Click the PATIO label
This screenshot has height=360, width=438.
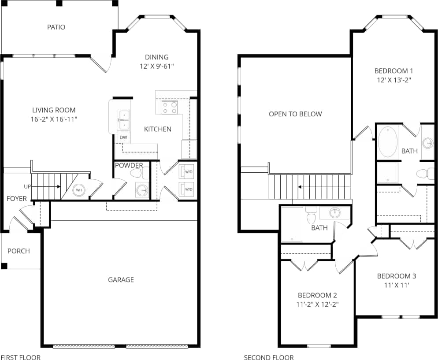(56, 27)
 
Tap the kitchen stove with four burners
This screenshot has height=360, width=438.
(169, 108)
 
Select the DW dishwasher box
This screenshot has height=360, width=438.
(123, 137)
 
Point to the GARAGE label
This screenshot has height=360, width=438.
(121, 280)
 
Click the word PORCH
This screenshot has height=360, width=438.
(19, 251)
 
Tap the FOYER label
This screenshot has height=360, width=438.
(17, 199)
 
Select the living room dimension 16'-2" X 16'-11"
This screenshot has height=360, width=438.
(54, 119)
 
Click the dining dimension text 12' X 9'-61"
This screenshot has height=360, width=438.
(157, 66)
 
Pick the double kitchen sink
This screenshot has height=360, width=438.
(123, 120)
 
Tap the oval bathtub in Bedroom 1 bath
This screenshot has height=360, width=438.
(388, 141)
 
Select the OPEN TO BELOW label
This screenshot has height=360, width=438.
(295, 114)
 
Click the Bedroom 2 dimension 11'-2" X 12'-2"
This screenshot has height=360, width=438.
(317, 304)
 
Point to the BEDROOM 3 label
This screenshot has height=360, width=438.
(396, 276)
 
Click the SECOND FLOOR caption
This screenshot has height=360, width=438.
(268, 357)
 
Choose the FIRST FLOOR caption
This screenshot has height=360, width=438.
(20, 357)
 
